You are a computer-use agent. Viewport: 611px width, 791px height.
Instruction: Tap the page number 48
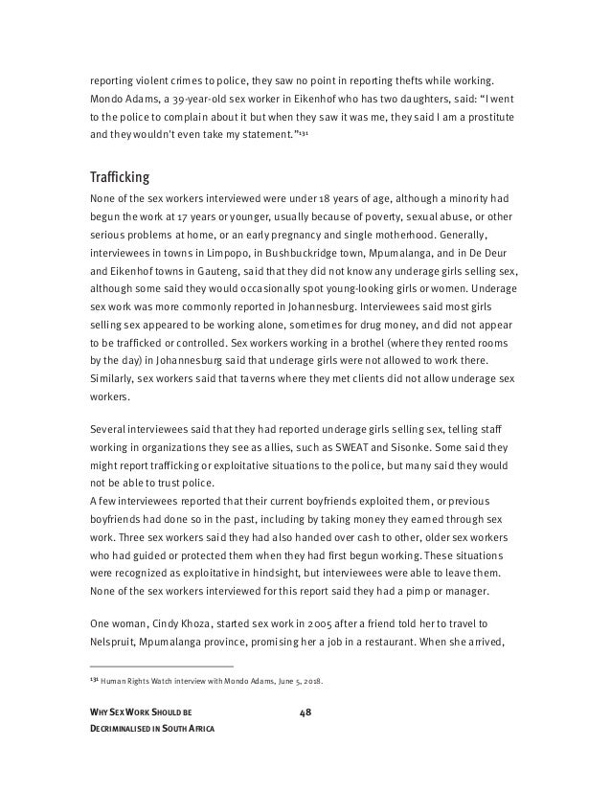(305, 712)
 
